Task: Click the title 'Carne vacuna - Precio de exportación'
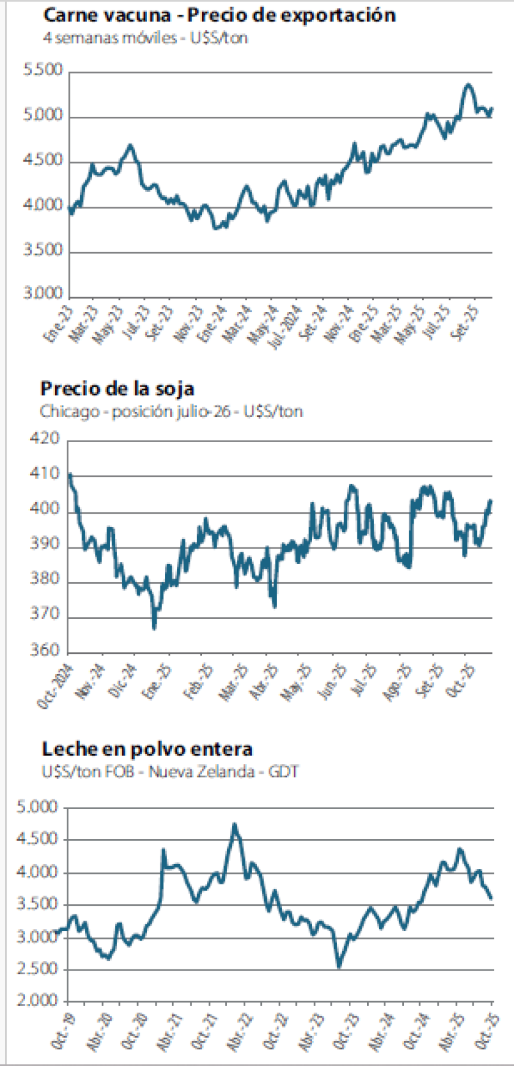click(x=220, y=15)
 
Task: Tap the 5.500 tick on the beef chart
click(x=43, y=70)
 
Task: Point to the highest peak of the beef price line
click(x=468, y=85)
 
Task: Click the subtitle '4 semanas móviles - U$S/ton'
click(x=146, y=37)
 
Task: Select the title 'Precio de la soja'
click(x=117, y=388)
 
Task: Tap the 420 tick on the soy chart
click(x=45, y=439)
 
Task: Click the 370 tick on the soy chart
click(x=45, y=615)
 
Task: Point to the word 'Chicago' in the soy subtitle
click(x=70, y=411)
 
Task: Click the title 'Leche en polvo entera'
click(x=147, y=749)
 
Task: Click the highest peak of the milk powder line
click(x=234, y=826)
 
